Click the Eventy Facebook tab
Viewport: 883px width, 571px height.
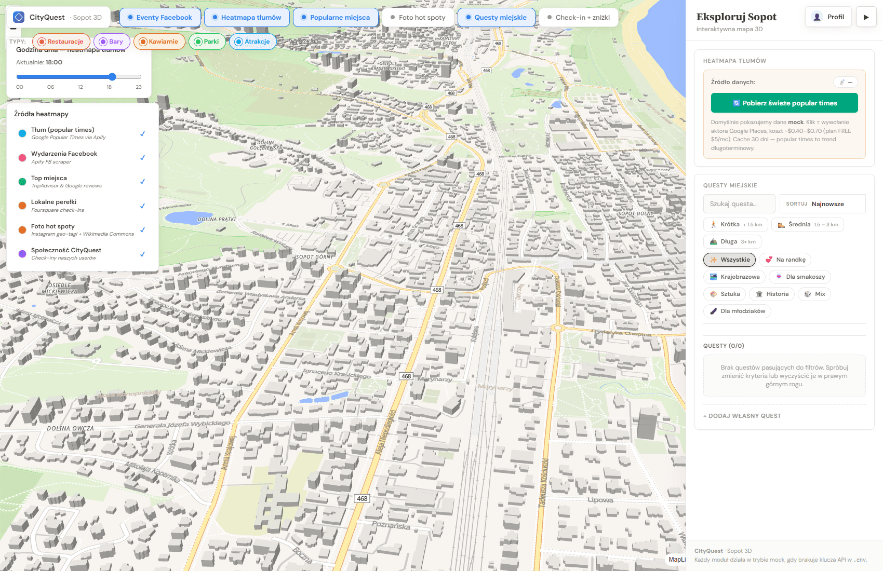coord(160,17)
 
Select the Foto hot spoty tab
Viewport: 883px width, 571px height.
coord(418,17)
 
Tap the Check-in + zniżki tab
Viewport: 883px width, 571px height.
coord(578,17)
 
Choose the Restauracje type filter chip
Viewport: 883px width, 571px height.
coord(61,42)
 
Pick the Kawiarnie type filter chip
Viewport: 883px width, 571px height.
coord(159,42)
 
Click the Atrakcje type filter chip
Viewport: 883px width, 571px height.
coord(252,42)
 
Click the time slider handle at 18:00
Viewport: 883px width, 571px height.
coord(112,77)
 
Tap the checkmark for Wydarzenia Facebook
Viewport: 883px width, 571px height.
coord(142,158)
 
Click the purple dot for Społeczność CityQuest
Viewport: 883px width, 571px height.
coord(22,254)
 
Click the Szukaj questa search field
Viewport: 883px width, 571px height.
coord(739,204)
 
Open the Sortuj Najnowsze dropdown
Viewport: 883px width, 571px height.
coord(822,204)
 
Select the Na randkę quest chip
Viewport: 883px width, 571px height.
coord(785,260)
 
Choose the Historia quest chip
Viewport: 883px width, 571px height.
coord(772,294)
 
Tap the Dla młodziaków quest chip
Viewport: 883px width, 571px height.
coord(737,311)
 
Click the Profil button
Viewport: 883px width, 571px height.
coord(828,17)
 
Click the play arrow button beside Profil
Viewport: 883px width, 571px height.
coord(866,17)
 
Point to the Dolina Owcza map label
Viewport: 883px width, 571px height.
coord(71,429)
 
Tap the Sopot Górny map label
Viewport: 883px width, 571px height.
coord(315,257)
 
